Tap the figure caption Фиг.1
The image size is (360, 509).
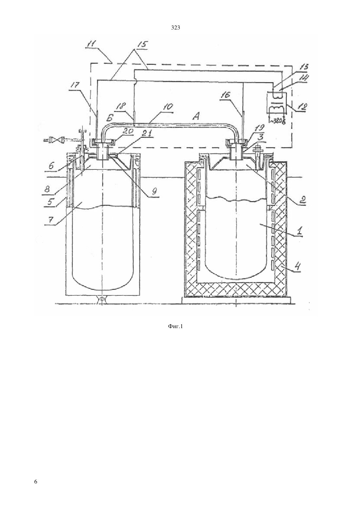point(175,327)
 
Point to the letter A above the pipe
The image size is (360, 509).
point(196,117)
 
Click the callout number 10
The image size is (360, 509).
point(168,107)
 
